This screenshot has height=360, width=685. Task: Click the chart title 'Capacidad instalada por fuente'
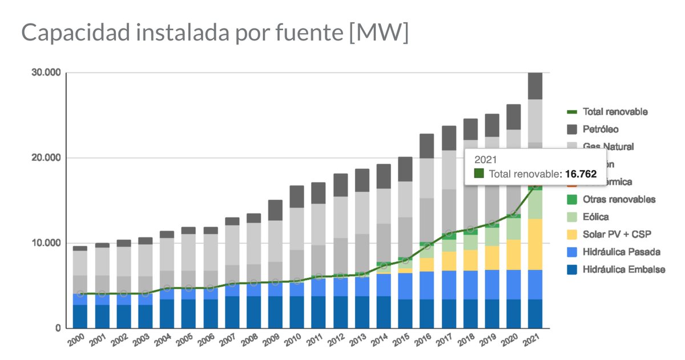(215, 33)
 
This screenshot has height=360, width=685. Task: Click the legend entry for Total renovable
(615, 112)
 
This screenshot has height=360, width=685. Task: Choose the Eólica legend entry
(597, 217)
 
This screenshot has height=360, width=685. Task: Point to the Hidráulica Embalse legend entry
(623, 269)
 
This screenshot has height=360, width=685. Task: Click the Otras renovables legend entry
(619, 199)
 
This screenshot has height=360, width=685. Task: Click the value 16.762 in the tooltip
(581, 174)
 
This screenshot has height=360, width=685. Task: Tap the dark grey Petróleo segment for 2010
(297, 196)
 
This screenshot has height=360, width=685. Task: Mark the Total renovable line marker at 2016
(427, 246)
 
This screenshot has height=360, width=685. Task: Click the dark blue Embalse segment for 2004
(167, 314)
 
